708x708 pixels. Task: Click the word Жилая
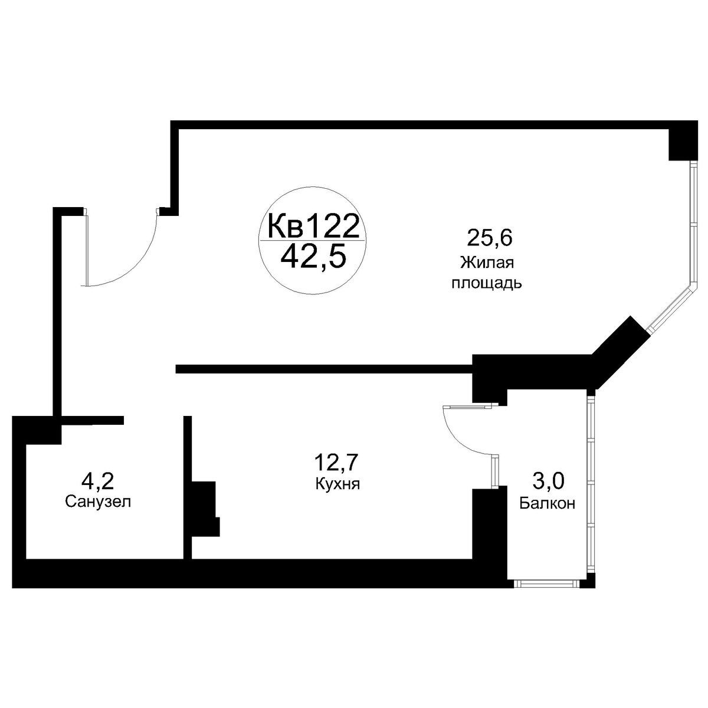tap(487, 263)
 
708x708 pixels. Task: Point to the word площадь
tap(486, 283)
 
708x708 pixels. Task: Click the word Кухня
tap(337, 484)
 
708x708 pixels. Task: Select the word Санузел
tap(98, 502)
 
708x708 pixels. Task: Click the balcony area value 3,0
tap(547, 481)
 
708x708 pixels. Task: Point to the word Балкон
tap(547, 503)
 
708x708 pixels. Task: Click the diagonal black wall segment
tap(621, 352)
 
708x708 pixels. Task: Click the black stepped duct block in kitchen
tap(206, 509)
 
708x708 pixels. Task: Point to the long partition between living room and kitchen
tap(324, 369)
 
